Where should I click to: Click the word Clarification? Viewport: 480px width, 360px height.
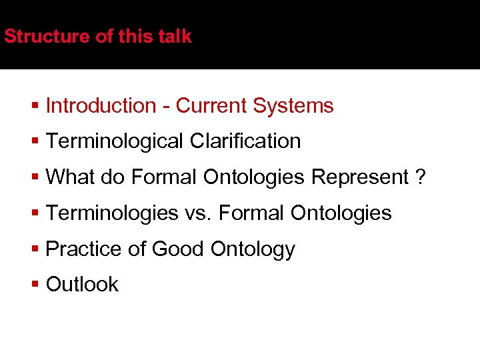pos(245,141)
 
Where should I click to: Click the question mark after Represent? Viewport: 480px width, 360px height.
pos(419,177)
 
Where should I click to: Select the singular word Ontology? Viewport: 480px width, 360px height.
pos(252,249)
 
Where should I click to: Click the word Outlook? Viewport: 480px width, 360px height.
pos(82,285)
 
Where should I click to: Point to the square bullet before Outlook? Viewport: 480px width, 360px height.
pos(35,285)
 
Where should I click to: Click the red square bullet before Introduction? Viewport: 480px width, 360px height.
pos(35,106)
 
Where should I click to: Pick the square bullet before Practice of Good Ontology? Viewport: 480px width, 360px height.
pos(35,249)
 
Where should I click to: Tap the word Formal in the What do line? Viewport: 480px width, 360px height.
pos(164,177)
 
